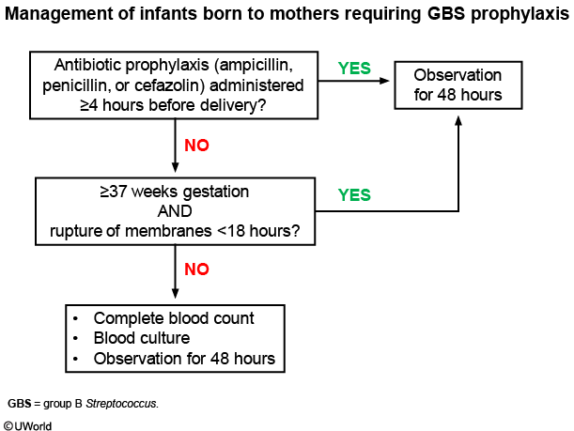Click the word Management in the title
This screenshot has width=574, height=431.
coord(58,14)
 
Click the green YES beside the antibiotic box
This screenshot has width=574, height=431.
coord(354,69)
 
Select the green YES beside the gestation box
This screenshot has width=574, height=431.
coord(354,195)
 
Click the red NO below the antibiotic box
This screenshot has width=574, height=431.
coord(196,146)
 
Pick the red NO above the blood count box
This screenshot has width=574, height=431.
coord(196,269)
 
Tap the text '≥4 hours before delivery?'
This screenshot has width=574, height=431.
coord(173,105)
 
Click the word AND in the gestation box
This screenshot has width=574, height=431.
coord(175,211)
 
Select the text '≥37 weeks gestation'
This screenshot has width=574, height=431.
coord(174,192)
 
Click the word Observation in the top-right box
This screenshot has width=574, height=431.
coord(458,75)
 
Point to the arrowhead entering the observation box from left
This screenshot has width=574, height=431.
coord(384,81)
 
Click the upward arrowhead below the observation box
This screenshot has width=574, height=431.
coord(458,121)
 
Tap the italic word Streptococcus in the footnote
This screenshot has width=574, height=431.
coord(121,404)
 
